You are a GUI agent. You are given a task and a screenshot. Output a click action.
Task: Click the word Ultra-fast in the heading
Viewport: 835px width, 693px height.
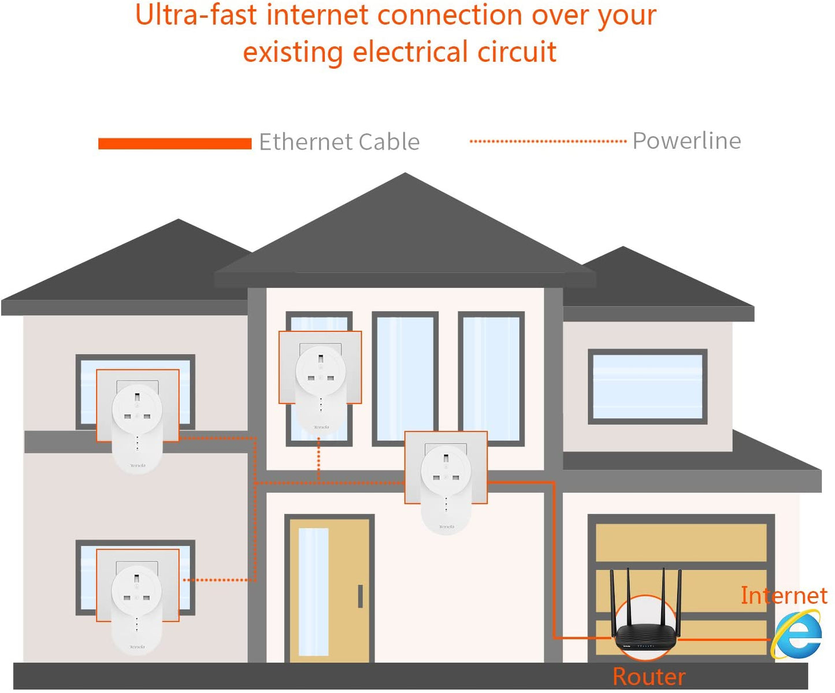195,15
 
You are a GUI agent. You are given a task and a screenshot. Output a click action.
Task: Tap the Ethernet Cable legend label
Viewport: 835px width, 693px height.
339,142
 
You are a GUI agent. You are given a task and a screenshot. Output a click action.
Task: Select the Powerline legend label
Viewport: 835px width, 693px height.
686,140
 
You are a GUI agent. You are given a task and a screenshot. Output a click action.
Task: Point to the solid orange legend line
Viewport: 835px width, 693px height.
175,143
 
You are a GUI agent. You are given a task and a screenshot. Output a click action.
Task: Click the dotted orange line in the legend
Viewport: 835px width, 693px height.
547,141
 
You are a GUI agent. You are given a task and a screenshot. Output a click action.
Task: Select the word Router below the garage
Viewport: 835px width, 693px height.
649,676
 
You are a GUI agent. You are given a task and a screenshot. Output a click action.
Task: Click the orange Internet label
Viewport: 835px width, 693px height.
784,595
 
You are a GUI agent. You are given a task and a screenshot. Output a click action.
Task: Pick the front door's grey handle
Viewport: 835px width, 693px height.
360,596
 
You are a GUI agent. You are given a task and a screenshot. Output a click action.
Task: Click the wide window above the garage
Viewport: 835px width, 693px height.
647,386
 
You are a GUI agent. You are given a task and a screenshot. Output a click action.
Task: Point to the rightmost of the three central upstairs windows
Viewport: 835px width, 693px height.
491,379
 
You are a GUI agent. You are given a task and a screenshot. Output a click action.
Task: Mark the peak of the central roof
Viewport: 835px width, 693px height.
405,175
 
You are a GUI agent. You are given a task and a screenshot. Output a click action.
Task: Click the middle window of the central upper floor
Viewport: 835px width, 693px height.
404,379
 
